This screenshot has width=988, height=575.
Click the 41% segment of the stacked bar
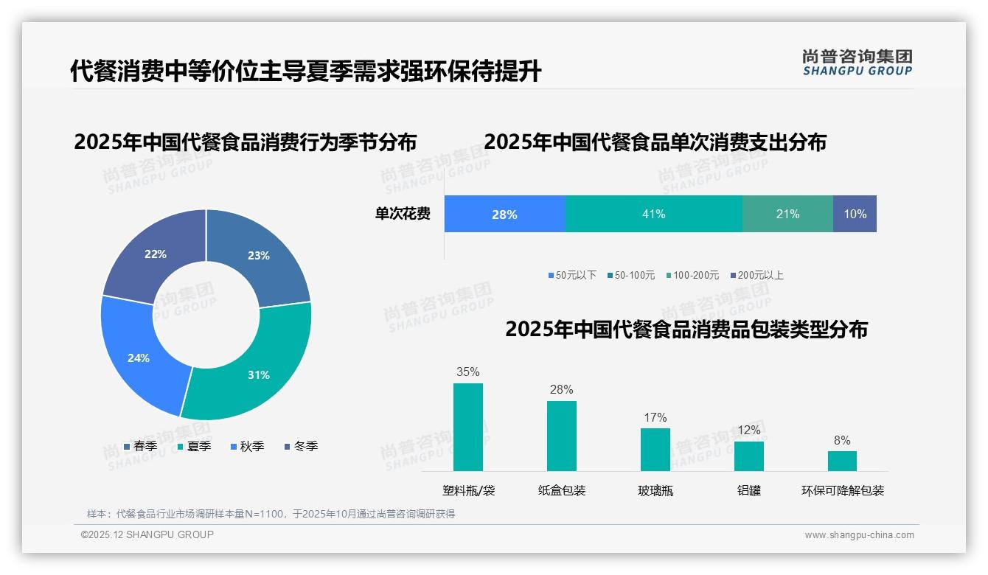(x=653, y=214)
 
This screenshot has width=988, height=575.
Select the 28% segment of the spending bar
(x=504, y=214)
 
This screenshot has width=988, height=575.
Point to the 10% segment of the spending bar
(x=855, y=214)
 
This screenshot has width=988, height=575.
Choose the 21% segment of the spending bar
(x=787, y=214)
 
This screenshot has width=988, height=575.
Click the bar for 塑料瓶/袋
(x=468, y=427)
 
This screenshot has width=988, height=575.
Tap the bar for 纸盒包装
(x=562, y=436)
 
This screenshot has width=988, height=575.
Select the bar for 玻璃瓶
(x=655, y=450)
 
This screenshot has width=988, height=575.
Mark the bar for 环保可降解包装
(x=842, y=461)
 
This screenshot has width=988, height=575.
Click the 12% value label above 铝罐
(x=748, y=430)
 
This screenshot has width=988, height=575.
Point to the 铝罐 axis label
(x=749, y=490)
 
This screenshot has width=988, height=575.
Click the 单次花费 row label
(x=403, y=214)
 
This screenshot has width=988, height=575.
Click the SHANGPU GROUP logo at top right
(x=857, y=63)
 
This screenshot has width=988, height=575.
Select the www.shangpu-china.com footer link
(x=859, y=535)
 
